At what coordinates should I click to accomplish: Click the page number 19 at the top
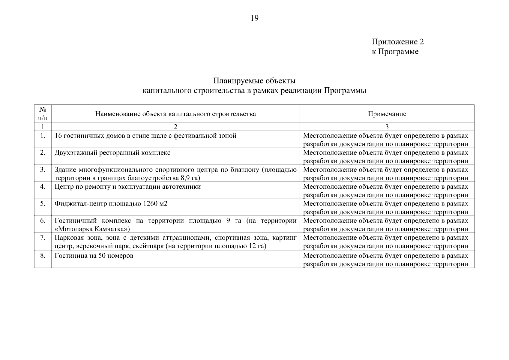tap(254, 18)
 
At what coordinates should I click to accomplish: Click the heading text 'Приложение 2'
tap(398, 42)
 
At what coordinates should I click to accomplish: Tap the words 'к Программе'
tap(395, 52)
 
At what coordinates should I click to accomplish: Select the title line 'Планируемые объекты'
tap(254, 81)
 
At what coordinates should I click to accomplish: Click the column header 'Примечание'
tap(387, 114)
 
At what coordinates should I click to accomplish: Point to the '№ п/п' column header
tap(43, 114)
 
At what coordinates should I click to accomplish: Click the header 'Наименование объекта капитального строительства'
tap(175, 114)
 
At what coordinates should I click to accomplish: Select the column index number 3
tap(387, 127)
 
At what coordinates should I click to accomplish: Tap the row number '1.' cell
tap(43, 136)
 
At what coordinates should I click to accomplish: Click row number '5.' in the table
tap(43, 204)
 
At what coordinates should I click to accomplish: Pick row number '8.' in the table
tap(43, 256)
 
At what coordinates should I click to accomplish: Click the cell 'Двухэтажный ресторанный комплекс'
tap(112, 153)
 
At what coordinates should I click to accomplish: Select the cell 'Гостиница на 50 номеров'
tap(94, 256)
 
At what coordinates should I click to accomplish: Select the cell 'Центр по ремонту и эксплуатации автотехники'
tap(127, 187)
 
